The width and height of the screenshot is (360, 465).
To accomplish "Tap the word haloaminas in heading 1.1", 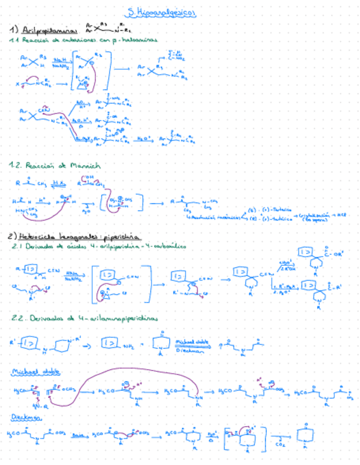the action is pos(136,40).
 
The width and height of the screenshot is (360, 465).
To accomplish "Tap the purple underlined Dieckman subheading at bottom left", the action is pos(24,418).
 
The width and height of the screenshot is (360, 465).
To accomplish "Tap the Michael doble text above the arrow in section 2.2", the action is pos(190,341).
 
